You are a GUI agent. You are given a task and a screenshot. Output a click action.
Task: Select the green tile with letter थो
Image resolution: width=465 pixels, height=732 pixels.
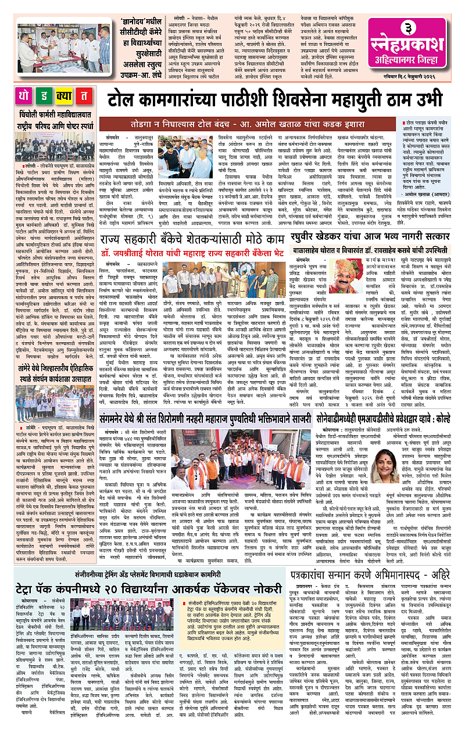[x=27, y=96]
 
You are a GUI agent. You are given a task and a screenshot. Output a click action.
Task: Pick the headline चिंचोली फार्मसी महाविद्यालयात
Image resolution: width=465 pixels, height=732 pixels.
[x=56, y=114]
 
